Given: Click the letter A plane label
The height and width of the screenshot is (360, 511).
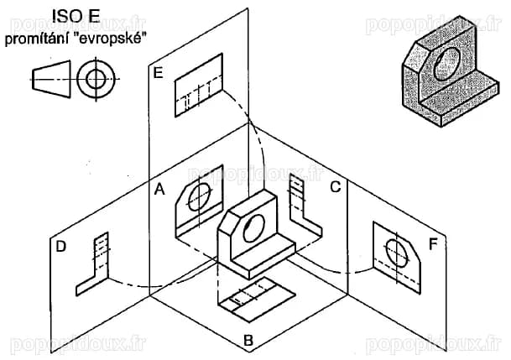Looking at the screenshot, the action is tap(159, 189).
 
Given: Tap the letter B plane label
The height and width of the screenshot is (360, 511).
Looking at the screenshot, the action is tap(248, 341).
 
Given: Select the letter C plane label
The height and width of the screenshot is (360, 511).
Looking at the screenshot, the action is tap(336, 187).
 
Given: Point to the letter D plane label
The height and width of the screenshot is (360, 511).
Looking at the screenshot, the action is tap(61, 247).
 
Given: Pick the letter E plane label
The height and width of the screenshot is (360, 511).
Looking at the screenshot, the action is tap(158, 72).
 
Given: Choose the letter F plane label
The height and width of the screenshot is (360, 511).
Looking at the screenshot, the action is tap(433, 244).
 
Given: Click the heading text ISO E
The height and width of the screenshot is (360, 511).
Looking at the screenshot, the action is tap(76, 17).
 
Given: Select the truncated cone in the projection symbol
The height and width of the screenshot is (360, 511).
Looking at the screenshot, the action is tap(51, 79).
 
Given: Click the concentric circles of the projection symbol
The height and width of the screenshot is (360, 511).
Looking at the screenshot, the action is tap(96, 79).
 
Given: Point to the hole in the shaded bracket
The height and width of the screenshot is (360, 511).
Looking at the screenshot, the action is tap(446, 64).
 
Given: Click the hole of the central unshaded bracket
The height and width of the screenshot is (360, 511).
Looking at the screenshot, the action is tap(253, 228).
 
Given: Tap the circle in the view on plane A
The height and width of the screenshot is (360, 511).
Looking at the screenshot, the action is tap(200, 196).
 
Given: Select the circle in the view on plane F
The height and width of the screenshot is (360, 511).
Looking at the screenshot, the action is tap(397, 253).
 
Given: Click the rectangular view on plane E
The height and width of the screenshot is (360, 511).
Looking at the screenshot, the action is tap(199, 85).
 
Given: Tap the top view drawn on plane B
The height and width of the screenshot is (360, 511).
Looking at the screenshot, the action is tap(257, 300).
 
